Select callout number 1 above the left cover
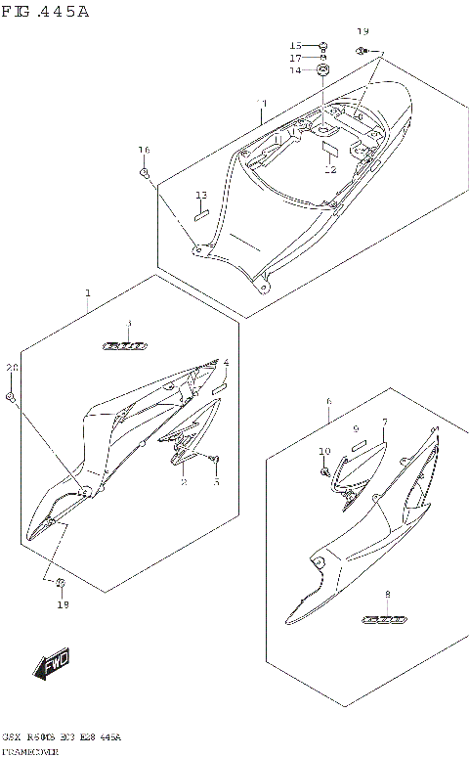pos(88,293)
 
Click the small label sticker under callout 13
pos(201,217)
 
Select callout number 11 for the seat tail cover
pos(261,104)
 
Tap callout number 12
pos(329,170)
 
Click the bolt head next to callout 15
pos(324,46)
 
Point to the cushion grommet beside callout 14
pos(323,69)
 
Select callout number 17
pos(295,58)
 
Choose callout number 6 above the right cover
pos(329,402)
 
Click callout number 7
pos(385,422)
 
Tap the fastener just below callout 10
pos(324,472)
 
